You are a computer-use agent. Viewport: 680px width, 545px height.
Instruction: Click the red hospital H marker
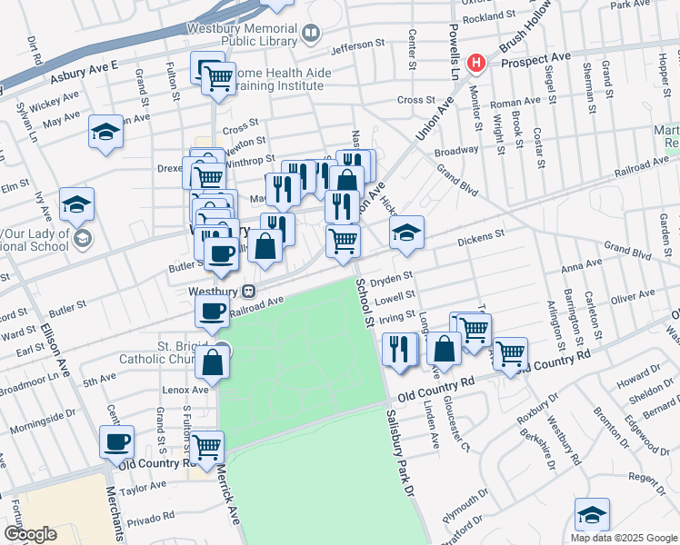475,63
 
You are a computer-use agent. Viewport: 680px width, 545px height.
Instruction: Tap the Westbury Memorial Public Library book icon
312,35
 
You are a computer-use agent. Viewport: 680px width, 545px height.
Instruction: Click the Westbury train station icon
247,292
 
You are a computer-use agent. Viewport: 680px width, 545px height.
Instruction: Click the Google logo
29,534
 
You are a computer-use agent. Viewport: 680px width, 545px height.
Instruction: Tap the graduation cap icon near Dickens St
406,232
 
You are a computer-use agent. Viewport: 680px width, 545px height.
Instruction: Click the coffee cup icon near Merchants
116,442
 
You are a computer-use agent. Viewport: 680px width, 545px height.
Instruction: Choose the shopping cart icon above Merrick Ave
207,446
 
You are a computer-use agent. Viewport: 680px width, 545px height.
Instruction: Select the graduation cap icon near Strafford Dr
592,514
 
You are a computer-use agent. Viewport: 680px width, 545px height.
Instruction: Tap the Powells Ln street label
452,40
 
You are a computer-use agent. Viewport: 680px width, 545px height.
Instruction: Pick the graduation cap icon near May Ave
105,132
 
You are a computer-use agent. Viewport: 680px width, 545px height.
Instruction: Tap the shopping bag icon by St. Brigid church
212,362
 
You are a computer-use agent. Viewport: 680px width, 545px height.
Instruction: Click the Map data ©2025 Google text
623,537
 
